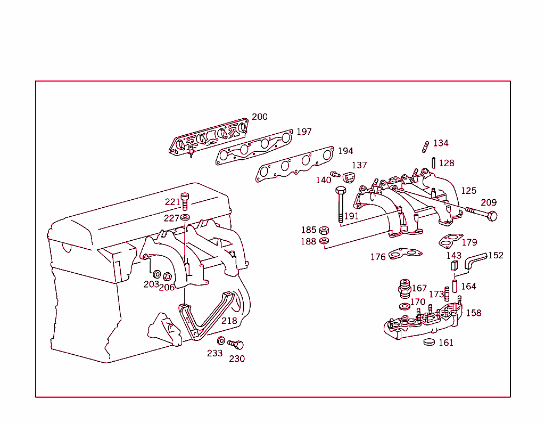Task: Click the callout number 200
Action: coord(260,117)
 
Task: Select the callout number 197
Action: coord(304,132)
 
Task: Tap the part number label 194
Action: coord(345,151)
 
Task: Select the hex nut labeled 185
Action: coord(324,231)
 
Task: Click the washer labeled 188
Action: coord(324,241)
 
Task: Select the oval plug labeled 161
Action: coord(430,341)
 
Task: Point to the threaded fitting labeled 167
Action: coord(404,288)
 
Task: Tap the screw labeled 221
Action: coord(185,202)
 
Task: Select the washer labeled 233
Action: coord(221,340)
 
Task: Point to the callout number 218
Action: coord(229,321)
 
